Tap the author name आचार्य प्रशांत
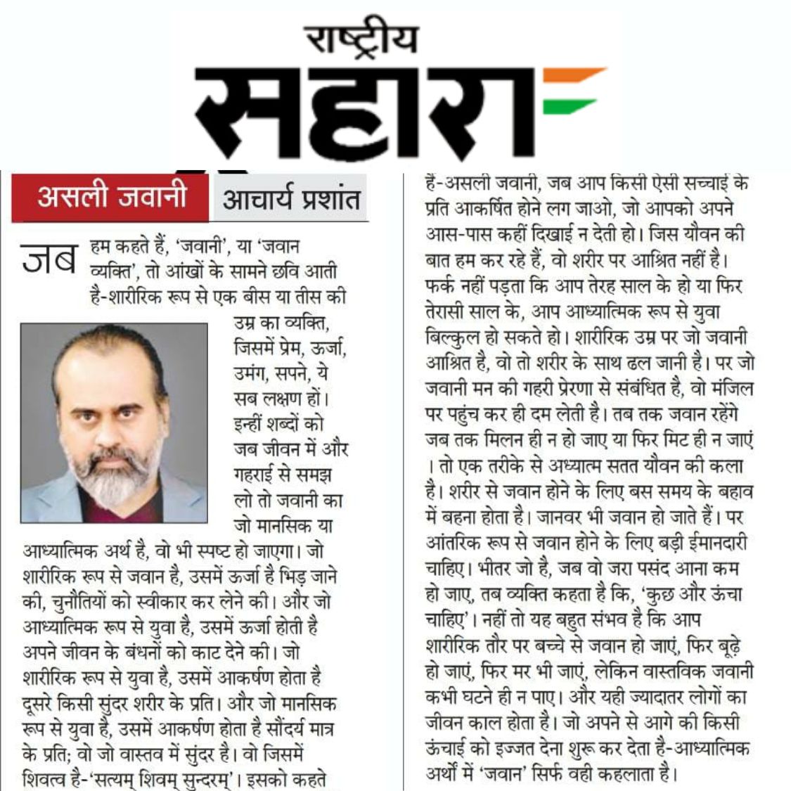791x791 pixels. point(290,199)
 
